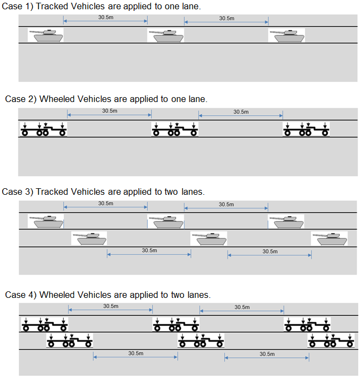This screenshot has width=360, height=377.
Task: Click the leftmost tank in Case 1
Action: (46, 35)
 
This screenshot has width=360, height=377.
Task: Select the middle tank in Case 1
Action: (166, 35)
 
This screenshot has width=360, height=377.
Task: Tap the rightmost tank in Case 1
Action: (286, 35)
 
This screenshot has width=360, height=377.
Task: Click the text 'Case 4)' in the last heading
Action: (20, 295)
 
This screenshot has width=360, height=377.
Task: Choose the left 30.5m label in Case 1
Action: (106, 17)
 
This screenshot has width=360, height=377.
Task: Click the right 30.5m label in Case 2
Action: (241, 112)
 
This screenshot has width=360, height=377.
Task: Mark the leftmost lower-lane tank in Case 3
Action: (89, 238)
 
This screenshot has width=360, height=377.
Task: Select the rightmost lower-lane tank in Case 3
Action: (329, 238)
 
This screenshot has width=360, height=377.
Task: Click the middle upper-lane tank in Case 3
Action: (166, 221)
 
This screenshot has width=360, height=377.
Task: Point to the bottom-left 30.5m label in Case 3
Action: (149, 250)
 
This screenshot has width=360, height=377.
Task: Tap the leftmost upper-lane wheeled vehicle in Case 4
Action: (45, 325)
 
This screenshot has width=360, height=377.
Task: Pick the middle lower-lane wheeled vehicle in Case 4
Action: (201, 342)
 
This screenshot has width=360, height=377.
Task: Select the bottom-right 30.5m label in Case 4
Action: (267, 354)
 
